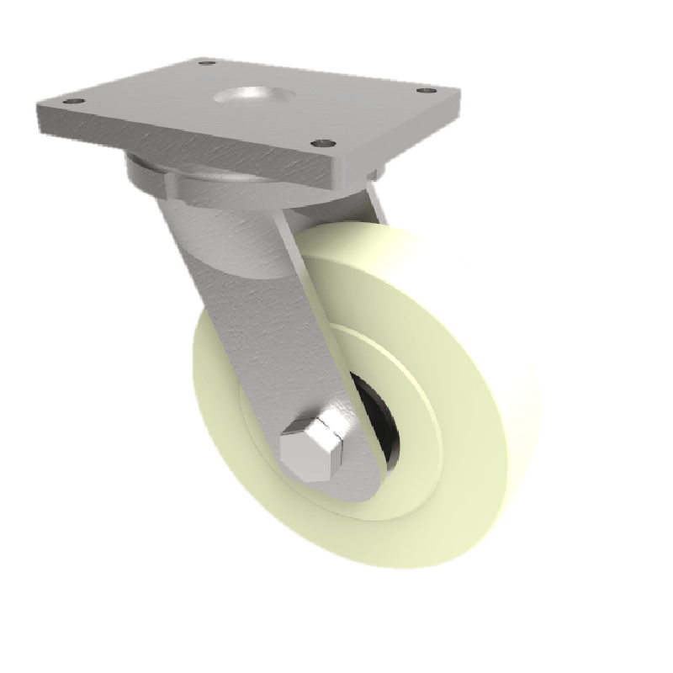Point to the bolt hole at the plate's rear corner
pos(204,62)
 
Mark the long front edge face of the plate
pos(185,147)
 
